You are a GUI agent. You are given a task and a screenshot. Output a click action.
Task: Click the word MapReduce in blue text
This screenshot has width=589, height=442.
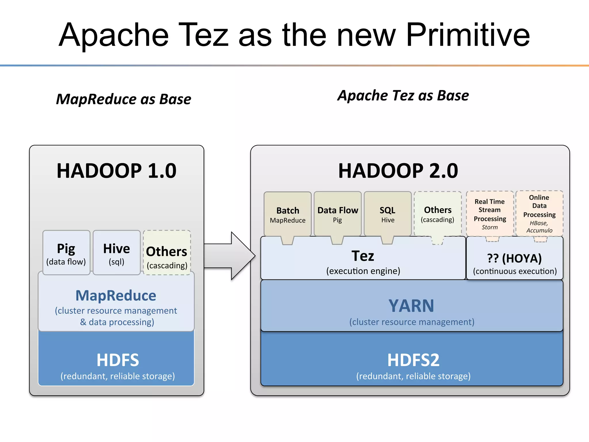click(116, 296)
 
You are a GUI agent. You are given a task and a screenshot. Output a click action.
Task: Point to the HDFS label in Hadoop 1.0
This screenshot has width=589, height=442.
click(118, 360)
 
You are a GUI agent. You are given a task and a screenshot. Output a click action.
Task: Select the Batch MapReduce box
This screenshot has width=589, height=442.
click(288, 214)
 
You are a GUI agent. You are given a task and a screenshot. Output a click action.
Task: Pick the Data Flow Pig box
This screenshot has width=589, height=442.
click(338, 214)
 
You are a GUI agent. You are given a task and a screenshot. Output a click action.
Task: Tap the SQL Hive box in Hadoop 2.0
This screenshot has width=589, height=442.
click(388, 214)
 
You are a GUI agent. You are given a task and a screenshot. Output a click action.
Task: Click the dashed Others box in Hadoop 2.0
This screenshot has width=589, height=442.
click(438, 214)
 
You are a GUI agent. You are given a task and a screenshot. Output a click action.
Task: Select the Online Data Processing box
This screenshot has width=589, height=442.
click(540, 214)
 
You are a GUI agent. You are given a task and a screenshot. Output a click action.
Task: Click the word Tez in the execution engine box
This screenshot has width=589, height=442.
click(363, 256)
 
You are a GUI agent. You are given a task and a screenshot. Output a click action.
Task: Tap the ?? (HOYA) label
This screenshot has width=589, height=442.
click(515, 258)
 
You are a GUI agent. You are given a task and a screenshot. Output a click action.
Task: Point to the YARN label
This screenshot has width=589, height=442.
click(411, 306)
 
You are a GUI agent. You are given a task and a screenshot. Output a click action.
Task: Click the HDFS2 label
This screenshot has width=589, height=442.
click(413, 360)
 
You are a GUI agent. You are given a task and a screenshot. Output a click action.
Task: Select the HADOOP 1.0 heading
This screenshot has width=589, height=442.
click(116, 171)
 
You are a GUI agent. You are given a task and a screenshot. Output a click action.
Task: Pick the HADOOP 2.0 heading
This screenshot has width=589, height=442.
click(398, 171)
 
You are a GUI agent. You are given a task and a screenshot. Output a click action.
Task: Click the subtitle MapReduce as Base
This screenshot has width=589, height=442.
click(124, 99)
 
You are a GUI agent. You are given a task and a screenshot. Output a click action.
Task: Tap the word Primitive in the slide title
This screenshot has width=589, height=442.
click(468, 35)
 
